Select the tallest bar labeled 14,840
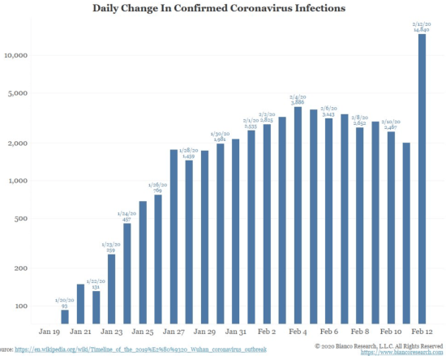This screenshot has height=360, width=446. coord(422,178)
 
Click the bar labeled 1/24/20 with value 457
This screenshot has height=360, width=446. coord(127,272)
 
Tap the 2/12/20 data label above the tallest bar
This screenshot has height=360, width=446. coord(422,26)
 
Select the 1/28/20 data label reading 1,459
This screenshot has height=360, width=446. coord(189,153)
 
